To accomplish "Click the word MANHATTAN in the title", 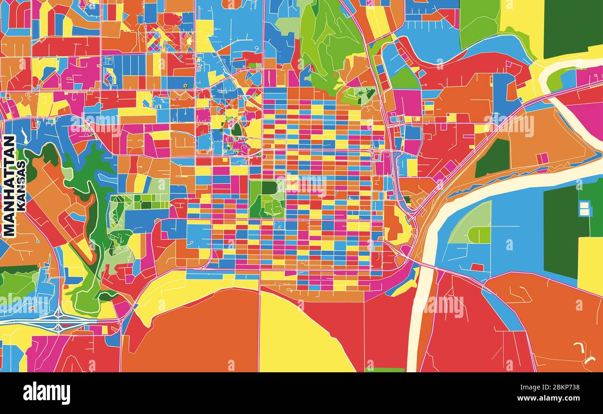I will pos(9,186).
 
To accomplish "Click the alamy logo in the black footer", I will pos(46,393).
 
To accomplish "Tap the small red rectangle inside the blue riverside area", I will pos(476,267).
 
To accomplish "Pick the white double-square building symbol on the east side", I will pos(585,209).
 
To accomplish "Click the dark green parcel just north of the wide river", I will pos(493,158).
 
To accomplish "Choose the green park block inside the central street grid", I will pos(266,199).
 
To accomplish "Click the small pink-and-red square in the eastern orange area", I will pos(542,159).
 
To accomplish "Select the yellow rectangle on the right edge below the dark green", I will pos(590,264).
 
